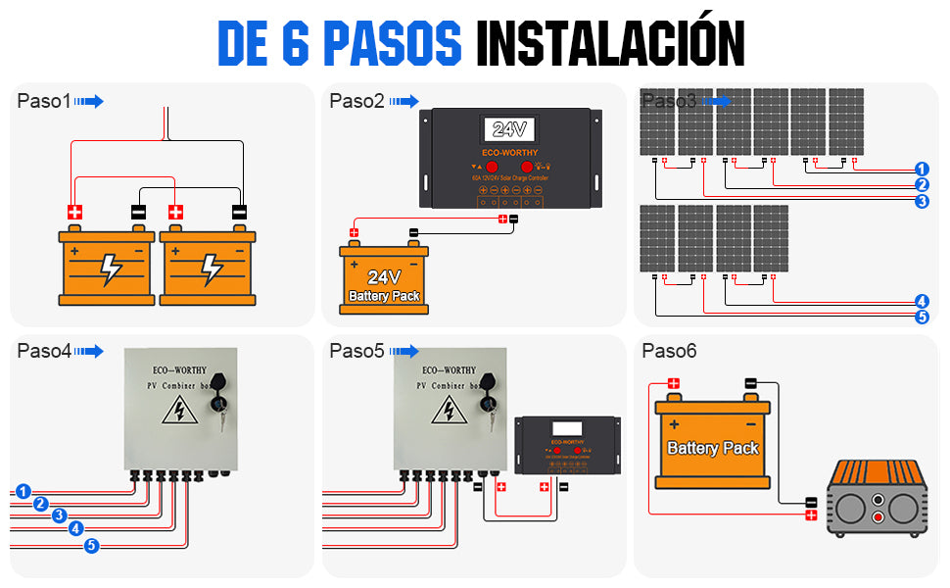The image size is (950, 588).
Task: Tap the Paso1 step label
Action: [44, 101]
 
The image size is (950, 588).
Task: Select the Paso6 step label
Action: [669, 351]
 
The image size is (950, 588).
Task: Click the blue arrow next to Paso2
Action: [403, 101]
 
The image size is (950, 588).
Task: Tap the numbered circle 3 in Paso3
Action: [922, 201]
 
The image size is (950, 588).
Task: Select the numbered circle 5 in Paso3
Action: [922, 317]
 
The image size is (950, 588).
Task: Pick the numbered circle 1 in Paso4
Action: [24, 491]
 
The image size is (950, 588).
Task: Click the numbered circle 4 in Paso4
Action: [76, 528]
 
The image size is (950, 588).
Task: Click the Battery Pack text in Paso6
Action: [713, 448]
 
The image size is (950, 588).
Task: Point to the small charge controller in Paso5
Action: [568, 445]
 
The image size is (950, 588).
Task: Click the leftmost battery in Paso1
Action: [107, 267]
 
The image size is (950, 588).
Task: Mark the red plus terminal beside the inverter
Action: [810, 514]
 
